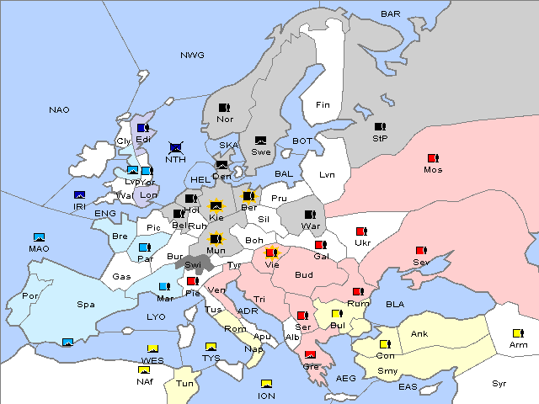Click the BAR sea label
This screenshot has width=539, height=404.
pyautogui.click(x=391, y=13)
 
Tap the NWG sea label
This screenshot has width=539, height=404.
pyautogui.click(x=192, y=56)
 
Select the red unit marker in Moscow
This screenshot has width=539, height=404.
pyautogui.click(x=433, y=158)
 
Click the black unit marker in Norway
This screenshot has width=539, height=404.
pyautogui.click(x=225, y=108)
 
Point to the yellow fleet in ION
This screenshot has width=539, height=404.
pyautogui.click(x=267, y=385)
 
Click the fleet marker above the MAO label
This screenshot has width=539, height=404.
pyautogui.click(x=39, y=237)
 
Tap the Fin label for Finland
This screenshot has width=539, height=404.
pyautogui.click(x=323, y=105)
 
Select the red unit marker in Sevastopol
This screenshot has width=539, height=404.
pyautogui.click(x=420, y=251)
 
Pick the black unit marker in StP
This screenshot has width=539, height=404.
pyautogui.click(x=380, y=127)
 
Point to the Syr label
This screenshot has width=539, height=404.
pyautogui.click(x=500, y=383)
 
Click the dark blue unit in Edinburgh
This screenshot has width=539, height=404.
pyautogui.click(x=143, y=128)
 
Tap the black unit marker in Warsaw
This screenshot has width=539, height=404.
pyautogui.click(x=311, y=214)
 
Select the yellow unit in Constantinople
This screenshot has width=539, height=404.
pyautogui.click(x=385, y=344)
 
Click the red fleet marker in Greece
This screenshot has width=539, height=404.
pyautogui.click(x=310, y=354)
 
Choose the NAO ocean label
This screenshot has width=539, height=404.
pyautogui.click(x=59, y=109)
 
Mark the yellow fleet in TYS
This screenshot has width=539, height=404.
pyautogui.click(x=211, y=347)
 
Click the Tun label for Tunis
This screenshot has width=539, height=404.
pyautogui.click(x=185, y=383)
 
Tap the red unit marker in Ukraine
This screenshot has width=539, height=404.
pyautogui.click(x=362, y=231)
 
